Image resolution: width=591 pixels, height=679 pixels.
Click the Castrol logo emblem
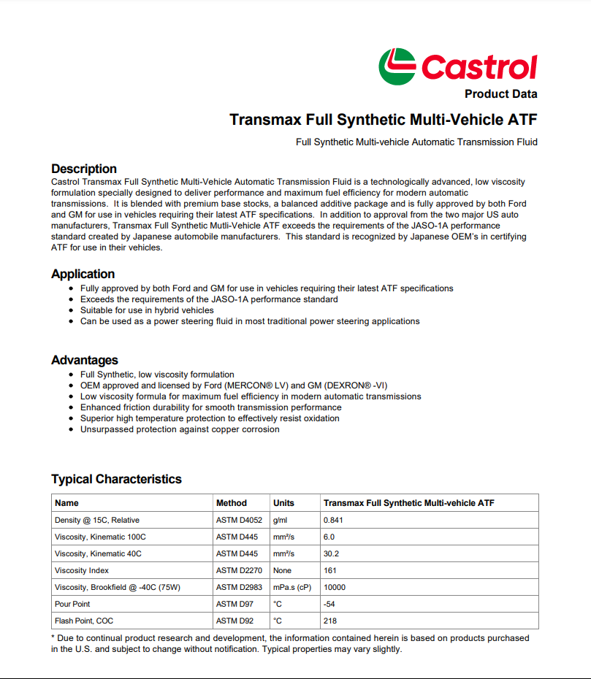(397, 66)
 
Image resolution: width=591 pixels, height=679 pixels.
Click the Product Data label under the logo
(500, 94)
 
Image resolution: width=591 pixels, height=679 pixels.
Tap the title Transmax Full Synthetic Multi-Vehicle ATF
(383, 119)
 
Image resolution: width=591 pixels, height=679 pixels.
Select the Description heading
(84, 169)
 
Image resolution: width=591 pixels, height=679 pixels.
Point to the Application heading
(83, 274)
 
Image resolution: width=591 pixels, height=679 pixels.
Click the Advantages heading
(85, 360)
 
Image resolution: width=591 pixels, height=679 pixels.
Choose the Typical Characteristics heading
(116, 479)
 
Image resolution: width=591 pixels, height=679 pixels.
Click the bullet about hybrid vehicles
(147, 310)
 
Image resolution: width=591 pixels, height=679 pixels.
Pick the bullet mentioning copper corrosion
(180, 429)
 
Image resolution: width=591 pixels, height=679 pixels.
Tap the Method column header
(232, 503)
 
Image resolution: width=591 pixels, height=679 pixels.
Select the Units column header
(283, 503)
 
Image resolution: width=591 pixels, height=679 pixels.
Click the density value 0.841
(333, 520)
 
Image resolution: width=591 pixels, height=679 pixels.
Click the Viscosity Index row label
(82, 570)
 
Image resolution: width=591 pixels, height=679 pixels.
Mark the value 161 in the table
(330, 570)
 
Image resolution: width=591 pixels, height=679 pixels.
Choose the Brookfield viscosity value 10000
(335, 587)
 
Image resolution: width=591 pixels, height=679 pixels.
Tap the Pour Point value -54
(330, 604)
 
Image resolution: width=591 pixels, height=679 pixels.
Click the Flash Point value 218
(330, 621)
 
